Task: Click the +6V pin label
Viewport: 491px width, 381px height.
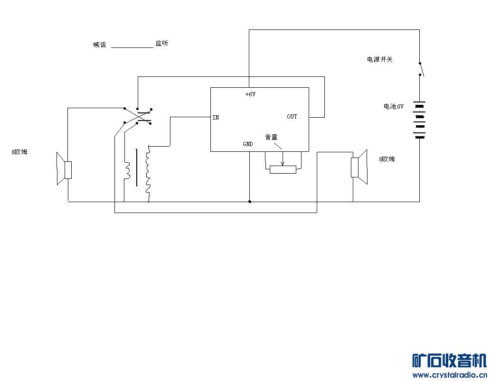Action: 250,94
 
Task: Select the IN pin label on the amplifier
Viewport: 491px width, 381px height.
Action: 216,117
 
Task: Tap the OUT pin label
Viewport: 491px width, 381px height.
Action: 292,116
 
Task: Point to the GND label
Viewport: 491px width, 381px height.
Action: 248,144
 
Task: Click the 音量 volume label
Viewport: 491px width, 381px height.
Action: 271,137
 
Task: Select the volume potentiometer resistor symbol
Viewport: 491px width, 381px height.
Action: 283,169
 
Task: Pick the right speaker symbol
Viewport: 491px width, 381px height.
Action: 359,167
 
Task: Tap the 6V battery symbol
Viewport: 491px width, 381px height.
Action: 419,120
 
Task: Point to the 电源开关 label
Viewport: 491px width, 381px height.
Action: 379,60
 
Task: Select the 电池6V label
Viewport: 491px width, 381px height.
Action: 394,107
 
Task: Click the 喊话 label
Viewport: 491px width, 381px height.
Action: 100,45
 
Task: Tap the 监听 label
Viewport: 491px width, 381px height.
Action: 161,44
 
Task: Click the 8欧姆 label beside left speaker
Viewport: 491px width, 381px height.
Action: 19,152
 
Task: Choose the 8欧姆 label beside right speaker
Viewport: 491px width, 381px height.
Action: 387,159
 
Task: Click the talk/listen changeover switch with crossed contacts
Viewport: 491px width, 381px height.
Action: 138,116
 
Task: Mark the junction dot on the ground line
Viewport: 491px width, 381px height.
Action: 250,202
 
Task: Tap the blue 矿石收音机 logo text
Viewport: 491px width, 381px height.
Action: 449,361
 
